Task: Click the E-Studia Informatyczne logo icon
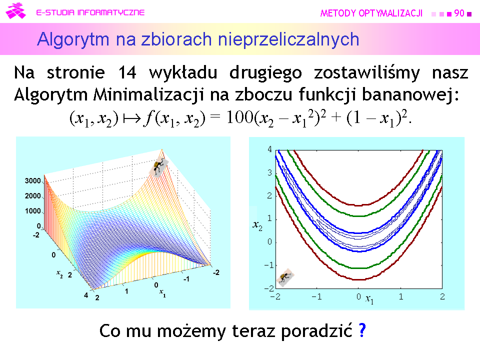(x=15, y=11)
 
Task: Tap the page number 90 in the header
(x=459, y=13)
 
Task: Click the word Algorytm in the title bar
(x=73, y=40)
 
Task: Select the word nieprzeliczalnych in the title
(x=288, y=40)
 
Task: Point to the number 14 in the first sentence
(x=127, y=73)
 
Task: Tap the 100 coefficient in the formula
(x=240, y=117)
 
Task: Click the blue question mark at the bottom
(x=362, y=330)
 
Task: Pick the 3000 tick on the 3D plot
(x=33, y=181)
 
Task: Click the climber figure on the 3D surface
(x=158, y=167)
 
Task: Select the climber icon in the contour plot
(x=285, y=277)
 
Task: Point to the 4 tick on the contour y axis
(x=269, y=149)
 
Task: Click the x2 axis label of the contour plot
(x=257, y=225)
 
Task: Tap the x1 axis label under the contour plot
(x=369, y=299)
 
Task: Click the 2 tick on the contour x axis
(x=442, y=296)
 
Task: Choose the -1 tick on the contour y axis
(x=269, y=265)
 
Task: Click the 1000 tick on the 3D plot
(x=33, y=211)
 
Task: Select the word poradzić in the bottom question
(x=316, y=330)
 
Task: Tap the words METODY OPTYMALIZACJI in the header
(x=371, y=13)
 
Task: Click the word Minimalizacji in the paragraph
(x=148, y=94)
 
